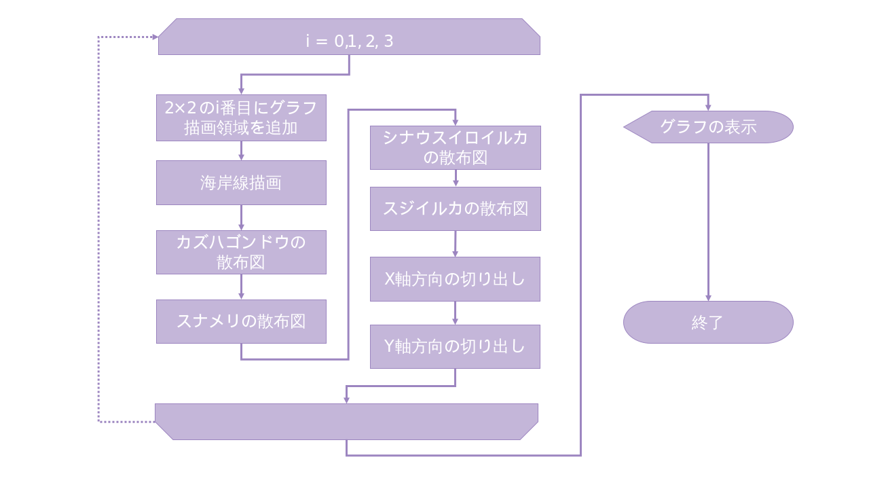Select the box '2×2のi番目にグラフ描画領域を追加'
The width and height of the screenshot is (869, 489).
tap(241, 117)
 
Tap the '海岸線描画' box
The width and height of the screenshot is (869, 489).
tap(241, 183)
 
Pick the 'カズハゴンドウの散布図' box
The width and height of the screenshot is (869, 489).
tap(241, 252)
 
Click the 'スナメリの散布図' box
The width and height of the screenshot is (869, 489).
tap(241, 321)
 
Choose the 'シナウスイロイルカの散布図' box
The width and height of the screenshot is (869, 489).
tap(455, 147)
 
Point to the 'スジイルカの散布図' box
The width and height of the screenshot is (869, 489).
tap(455, 209)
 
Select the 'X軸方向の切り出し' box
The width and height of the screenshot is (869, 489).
tap(455, 278)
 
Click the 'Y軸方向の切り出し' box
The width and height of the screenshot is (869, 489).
tap(455, 346)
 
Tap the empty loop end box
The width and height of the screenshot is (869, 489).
tap(346, 422)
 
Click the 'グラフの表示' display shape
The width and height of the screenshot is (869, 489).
tap(709, 127)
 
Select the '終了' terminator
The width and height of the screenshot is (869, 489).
tap(708, 322)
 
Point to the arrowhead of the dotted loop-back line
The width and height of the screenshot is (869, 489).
tap(155, 37)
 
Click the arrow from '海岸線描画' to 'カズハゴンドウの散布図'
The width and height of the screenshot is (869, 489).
tap(241, 217)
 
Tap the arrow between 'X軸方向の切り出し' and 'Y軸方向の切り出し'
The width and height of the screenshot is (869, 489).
tap(455, 312)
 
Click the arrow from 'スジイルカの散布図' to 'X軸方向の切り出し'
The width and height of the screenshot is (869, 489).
tap(455, 244)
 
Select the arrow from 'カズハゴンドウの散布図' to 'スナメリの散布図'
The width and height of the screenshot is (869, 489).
tap(241, 287)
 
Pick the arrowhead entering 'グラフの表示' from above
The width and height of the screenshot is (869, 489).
tap(708, 107)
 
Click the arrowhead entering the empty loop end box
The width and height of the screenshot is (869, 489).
tap(346, 400)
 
